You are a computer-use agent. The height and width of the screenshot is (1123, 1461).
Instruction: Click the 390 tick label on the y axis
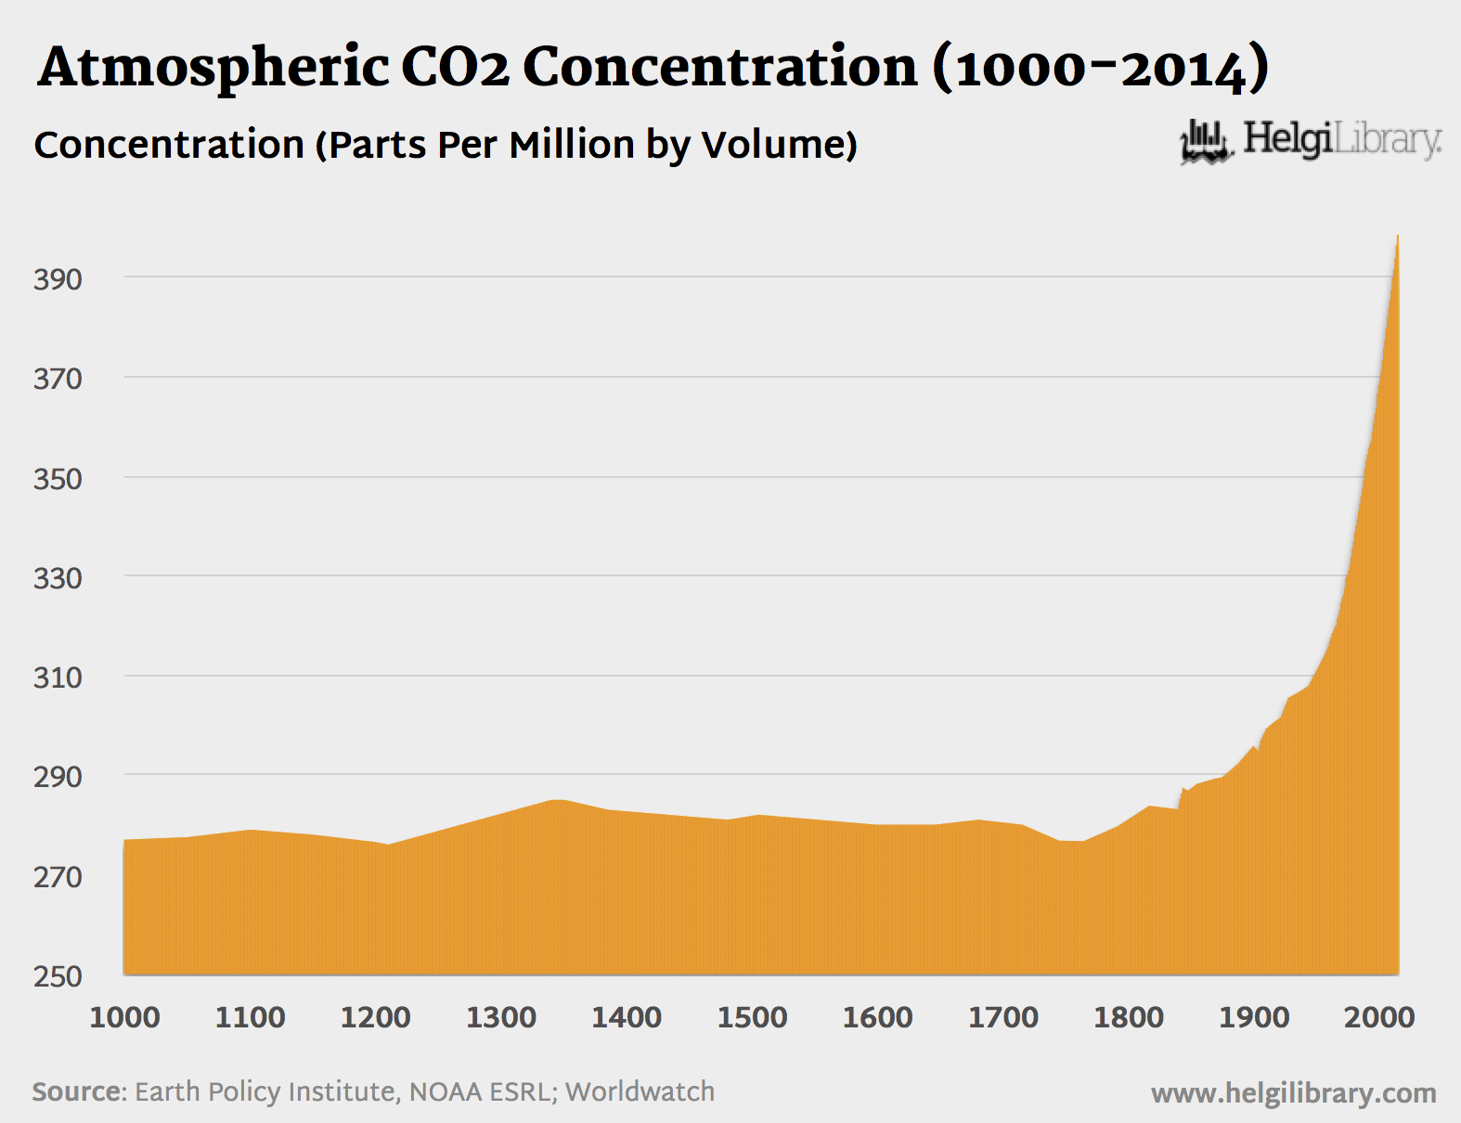(58, 278)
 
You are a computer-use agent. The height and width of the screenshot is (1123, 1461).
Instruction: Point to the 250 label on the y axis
(58, 976)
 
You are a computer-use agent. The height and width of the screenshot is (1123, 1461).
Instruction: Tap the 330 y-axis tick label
(58, 578)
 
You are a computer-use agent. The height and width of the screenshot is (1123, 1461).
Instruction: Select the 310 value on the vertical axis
(58, 678)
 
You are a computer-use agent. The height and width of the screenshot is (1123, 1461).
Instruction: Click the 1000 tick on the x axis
(124, 1017)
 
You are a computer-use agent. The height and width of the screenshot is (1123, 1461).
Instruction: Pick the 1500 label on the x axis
(752, 1017)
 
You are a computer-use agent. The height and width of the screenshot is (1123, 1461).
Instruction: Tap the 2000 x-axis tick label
(1379, 1017)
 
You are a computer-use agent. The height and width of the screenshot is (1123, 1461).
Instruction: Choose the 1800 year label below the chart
(1129, 1017)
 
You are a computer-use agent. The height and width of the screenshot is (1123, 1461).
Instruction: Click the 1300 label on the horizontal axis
(501, 1017)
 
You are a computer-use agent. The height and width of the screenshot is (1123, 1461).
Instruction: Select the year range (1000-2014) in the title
(1100, 69)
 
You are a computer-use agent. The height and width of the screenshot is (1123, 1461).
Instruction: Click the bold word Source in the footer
(78, 1091)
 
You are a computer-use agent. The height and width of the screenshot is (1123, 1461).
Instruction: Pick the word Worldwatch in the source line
(640, 1091)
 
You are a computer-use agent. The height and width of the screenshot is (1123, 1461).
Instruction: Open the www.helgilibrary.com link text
(1293, 1093)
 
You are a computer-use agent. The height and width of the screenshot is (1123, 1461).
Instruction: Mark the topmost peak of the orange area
(1397, 237)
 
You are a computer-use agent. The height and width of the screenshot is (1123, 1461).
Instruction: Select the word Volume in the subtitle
(778, 145)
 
